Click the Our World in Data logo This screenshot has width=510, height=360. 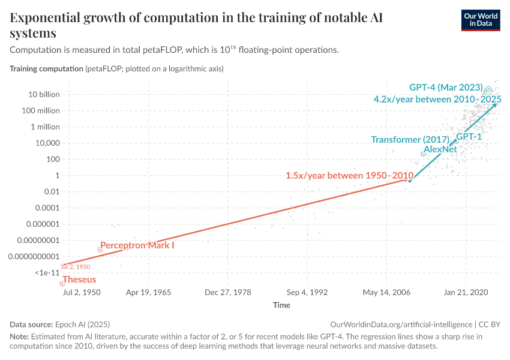pyautogui.click(x=481, y=20)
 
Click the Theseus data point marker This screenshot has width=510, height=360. pyautogui.click(x=62, y=283)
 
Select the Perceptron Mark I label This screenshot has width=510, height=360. pyautogui.click(x=137, y=245)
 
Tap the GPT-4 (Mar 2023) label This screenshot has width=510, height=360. pyautogui.click(x=446, y=88)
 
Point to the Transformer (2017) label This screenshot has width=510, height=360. pyautogui.click(x=410, y=140)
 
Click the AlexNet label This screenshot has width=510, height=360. pyautogui.click(x=440, y=149)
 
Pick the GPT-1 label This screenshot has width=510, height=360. pyautogui.click(x=469, y=137)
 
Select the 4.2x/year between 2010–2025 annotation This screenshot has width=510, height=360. pyautogui.click(x=437, y=99)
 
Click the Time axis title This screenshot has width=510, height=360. pyautogui.click(x=281, y=305)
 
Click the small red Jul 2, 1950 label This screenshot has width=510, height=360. pyautogui.click(x=76, y=266)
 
